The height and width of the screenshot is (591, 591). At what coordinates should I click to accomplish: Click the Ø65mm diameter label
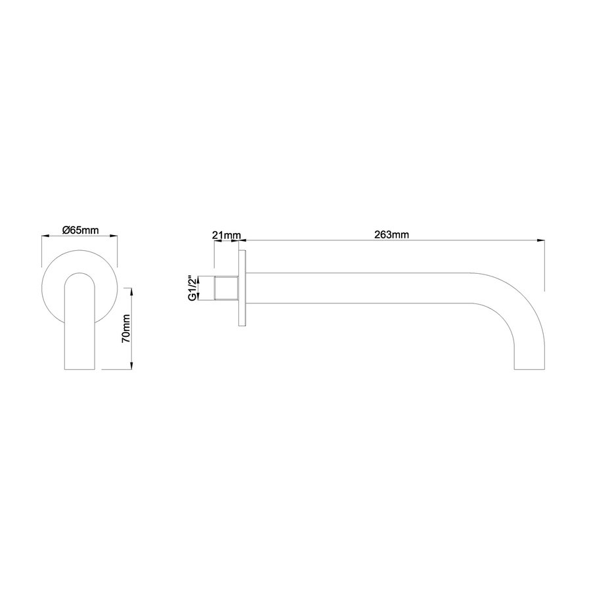80,230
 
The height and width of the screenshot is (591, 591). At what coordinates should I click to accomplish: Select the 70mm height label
127,327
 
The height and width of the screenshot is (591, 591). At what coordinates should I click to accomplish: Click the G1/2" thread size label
192,288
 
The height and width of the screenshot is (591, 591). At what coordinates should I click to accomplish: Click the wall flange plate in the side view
242,288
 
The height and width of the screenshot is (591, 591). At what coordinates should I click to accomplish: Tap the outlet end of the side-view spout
529,369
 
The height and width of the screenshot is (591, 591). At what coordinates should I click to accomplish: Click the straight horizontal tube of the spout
361,288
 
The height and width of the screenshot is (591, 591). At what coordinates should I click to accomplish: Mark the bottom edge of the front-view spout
81,369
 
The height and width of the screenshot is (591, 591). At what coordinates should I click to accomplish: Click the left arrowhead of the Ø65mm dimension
44,236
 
